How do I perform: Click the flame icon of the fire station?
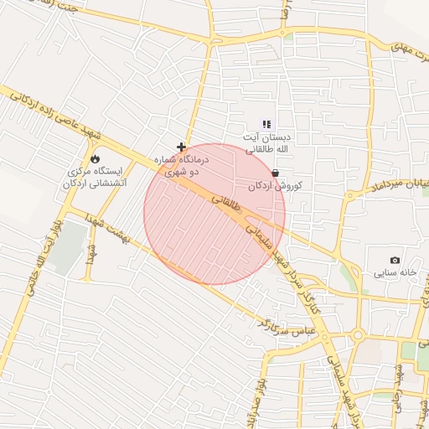[95, 158]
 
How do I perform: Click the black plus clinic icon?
[181, 146]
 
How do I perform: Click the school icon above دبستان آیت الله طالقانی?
[266, 124]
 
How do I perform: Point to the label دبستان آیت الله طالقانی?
[267, 142]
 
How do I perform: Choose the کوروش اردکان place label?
[275, 185]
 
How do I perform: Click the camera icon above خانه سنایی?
[395, 260]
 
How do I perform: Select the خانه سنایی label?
[395, 273]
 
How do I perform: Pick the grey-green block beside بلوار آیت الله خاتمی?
[69, 247]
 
